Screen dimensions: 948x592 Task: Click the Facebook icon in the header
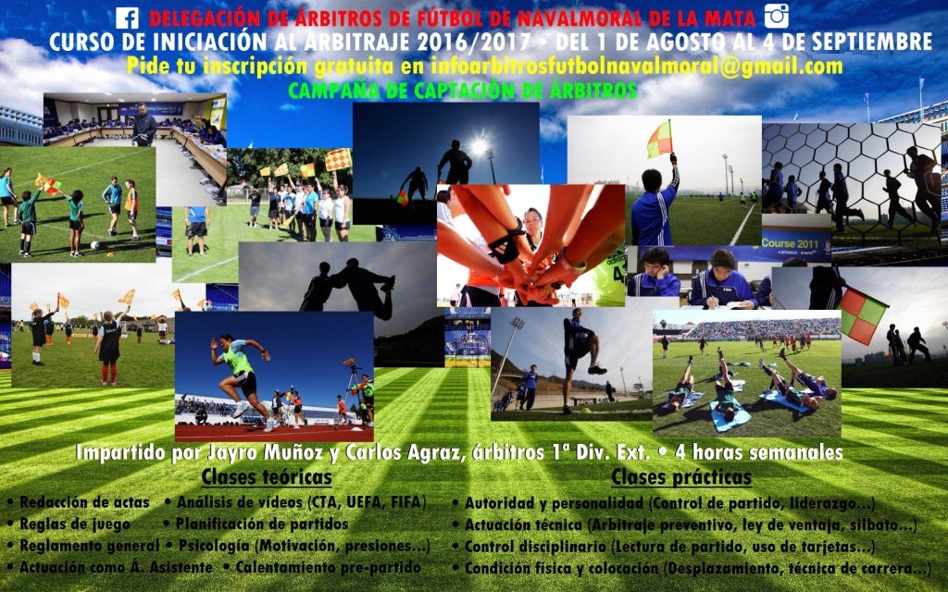coord(127,18)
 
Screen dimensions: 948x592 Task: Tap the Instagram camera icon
coord(777,17)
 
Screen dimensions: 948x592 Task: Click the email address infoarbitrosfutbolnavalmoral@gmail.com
coord(637,66)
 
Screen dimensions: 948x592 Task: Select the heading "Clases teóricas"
coord(267,476)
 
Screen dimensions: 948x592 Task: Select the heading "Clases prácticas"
coord(681,476)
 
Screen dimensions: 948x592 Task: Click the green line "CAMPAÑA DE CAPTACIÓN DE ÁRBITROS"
coord(463,91)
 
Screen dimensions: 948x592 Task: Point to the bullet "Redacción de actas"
coord(84,502)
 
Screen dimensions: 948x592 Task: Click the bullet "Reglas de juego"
coord(75,524)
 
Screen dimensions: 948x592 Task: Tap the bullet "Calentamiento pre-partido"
coord(329,567)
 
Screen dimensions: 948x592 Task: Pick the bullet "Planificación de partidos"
coord(262,524)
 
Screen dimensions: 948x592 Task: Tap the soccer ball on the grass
coord(95,246)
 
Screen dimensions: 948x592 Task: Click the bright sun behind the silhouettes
coord(479,146)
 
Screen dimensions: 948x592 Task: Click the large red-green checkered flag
coord(863,315)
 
